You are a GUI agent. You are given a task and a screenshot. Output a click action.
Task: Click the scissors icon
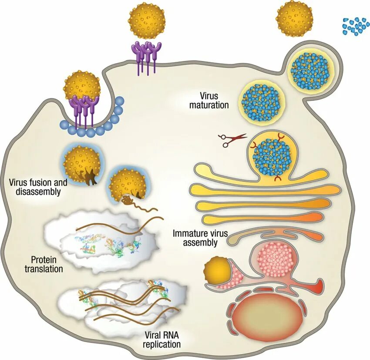point(232,139)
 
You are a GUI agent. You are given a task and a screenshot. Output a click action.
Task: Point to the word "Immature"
point(192,233)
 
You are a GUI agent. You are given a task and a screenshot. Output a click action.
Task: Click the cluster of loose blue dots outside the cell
point(355,27)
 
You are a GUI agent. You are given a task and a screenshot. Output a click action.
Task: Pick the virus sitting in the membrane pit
point(82,90)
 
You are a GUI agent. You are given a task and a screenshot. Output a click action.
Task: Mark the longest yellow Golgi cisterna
point(266,190)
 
